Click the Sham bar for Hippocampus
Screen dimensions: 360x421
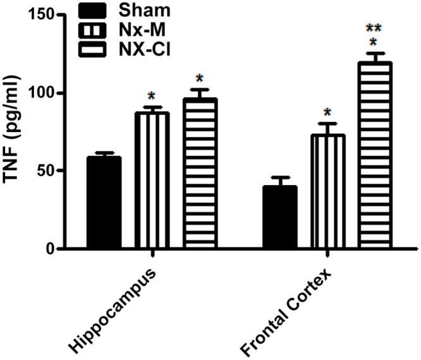click(x=104, y=203)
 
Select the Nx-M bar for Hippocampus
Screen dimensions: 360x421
click(x=152, y=181)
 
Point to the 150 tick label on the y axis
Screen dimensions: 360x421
click(x=39, y=15)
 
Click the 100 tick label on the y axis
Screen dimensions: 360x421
click(x=39, y=93)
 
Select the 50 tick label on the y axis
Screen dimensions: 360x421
click(x=42, y=171)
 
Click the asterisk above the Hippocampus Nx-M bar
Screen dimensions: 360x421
click(x=152, y=97)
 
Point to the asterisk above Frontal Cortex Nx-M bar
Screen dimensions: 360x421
click(x=327, y=113)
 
